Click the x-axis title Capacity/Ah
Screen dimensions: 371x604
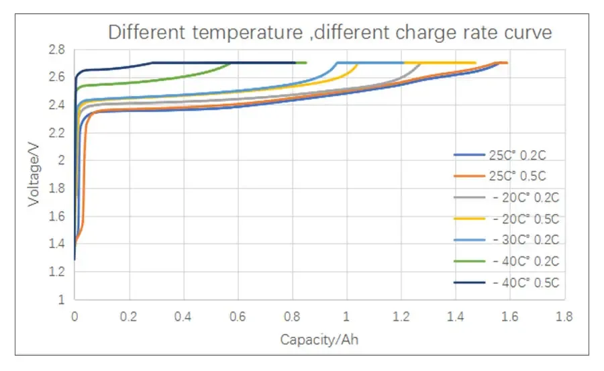pos(319,339)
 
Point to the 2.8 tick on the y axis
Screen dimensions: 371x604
pos(56,49)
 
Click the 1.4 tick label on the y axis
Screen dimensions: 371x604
pos(56,244)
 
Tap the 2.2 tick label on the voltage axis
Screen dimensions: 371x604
pos(56,132)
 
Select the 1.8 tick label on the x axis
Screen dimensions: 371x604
pos(564,315)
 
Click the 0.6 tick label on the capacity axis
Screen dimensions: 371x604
pos(238,315)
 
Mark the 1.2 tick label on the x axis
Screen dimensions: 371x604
pos(401,315)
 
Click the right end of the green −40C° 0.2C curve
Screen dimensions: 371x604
pos(306,63)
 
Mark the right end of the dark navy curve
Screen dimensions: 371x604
pos(295,63)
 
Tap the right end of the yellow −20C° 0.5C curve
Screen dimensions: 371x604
pos(475,63)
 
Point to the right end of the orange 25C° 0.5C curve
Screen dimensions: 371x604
pos(507,63)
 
